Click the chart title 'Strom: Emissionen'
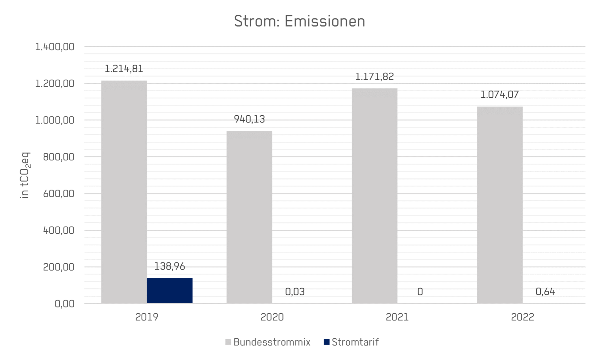coord(300,21)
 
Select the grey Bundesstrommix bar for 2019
coord(124,192)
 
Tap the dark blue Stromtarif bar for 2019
coord(170,291)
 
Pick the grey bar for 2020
coord(249,217)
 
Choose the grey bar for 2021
coord(374,196)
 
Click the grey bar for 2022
coord(500,205)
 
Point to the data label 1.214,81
coord(124,69)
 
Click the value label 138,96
coord(170,266)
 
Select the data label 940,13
coord(249,119)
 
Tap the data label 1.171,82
coord(374,77)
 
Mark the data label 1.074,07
coord(500,95)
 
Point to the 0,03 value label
coord(295,292)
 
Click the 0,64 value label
coord(545,292)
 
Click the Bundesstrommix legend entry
coord(268,342)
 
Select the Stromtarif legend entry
coord(351,342)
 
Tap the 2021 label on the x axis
coord(397,317)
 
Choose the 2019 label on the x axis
coord(147,317)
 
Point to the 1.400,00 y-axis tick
coord(55,47)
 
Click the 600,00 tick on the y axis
coord(59,194)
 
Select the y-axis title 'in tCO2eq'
coord(25,175)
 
